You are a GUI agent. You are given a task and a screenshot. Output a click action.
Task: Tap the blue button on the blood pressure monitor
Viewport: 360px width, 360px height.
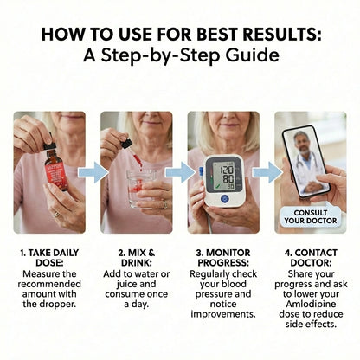coord(224,198)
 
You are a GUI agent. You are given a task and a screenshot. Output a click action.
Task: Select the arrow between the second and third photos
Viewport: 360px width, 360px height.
coord(179,172)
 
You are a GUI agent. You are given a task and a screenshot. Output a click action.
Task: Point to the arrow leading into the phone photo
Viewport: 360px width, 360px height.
coord(267,172)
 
